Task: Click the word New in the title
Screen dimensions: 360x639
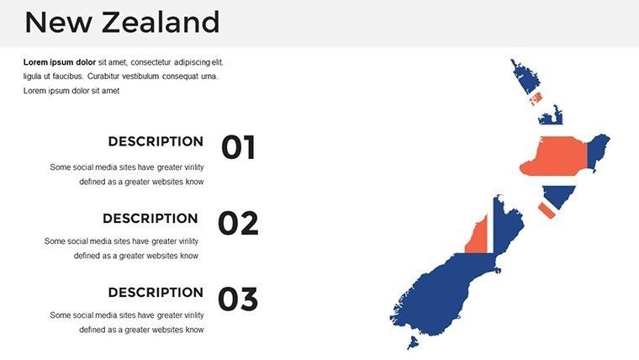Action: click(58, 23)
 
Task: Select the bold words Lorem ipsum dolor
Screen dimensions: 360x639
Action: click(59, 62)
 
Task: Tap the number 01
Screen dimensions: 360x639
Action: click(238, 148)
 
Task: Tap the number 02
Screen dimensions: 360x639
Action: click(238, 224)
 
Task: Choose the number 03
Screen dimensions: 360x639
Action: click(238, 299)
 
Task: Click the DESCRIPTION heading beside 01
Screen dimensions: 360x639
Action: click(156, 141)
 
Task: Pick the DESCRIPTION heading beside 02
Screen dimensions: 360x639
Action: click(151, 218)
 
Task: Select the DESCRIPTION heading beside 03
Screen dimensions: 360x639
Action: click(156, 293)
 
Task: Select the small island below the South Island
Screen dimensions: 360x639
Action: click(413, 342)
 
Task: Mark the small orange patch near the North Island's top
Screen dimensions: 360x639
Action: click(536, 98)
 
